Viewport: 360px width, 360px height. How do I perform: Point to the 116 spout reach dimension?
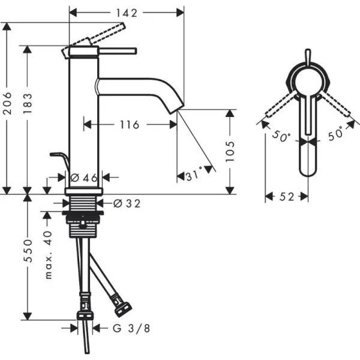coord(129,125)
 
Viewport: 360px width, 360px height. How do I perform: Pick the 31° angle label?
coord(193,176)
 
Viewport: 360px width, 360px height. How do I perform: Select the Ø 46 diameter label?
coord(84,177)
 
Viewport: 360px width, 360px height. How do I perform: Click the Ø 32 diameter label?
coord(126,204)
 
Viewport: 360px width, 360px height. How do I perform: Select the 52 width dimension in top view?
coord(286,197)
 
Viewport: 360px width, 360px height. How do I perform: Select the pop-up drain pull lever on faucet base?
coord(58,157)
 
